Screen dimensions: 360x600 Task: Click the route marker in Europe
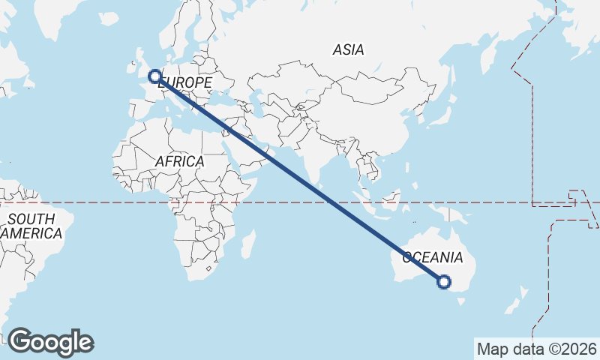point(154,76)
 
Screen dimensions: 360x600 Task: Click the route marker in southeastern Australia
point(443,282)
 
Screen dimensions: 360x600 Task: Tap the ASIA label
point(349,50)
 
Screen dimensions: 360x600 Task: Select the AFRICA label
point(179,161)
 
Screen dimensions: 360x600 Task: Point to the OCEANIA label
point(433,258)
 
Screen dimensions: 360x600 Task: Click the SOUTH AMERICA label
point(31,226)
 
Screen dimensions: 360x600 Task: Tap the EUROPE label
point(186,82)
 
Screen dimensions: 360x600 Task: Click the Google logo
point(50,342)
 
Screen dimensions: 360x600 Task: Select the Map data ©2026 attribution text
point(536,349)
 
